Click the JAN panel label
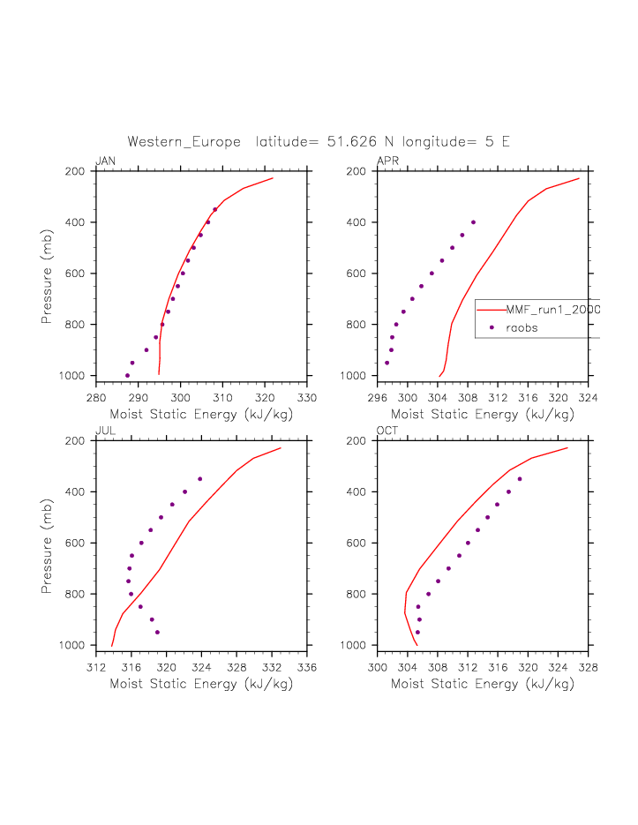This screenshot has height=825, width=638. click(x=105, y=161)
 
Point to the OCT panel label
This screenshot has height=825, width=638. click(x=387, y=431)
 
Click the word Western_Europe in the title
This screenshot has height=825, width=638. click(x=184, y=141)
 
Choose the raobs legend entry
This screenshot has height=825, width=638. click(x=521, y=327)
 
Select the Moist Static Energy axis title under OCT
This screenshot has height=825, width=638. click(x=483, y=683)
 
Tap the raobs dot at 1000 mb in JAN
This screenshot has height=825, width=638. click(x=127, y=376)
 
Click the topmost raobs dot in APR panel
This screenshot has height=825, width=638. click(x=473, y=222)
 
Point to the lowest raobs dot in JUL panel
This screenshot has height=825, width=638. click(x=157, y=633)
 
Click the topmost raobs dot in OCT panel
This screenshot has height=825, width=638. click(x=520, y=479)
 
